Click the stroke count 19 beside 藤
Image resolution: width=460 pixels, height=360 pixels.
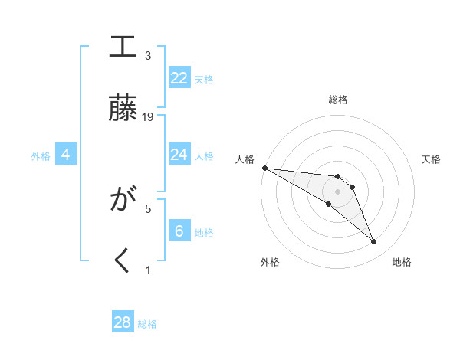tap(148, 116)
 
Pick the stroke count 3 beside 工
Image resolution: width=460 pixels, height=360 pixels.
tap(148, 56)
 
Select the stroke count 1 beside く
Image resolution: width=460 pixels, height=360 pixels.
tap(148, 270)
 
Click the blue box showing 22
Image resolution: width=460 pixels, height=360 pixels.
tap(179, 78)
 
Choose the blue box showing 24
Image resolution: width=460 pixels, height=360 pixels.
tap(179, 155)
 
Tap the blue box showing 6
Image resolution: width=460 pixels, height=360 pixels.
tap(179, 231)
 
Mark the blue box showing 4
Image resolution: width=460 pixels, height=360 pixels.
tap(66, 155)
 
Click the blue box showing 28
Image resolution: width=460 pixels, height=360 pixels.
tap(123, 322)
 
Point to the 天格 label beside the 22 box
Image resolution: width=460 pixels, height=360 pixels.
tap(204, 79)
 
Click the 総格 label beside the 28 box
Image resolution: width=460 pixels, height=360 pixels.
tap(147, 324)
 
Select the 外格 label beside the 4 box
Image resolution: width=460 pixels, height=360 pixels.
tap(41, 156)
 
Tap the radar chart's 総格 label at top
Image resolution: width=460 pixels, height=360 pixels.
tap(337, 100)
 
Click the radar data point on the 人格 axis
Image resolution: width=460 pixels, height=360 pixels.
tap(264, 168)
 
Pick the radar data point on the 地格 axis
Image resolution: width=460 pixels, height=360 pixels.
tap(373, 242)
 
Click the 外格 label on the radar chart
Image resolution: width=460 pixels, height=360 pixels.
tap(270, 262)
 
